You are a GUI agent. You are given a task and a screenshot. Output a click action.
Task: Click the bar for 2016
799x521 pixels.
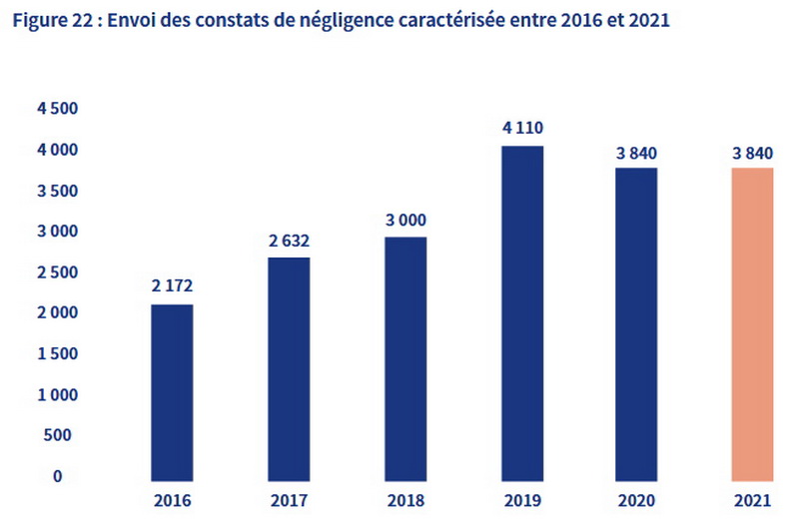(x=172, y=389)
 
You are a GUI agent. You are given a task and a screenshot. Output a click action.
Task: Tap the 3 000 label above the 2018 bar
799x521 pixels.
(x=405, y=220)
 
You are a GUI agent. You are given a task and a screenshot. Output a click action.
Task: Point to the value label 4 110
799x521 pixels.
(x=522, y=128)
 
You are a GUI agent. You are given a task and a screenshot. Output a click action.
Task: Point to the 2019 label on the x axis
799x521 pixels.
(x=522, y=500)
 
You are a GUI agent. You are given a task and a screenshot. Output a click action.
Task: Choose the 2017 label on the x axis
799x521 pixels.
(x=289, y=500)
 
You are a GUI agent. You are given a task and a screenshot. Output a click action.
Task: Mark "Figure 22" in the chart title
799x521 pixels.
(x=45, y=21)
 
